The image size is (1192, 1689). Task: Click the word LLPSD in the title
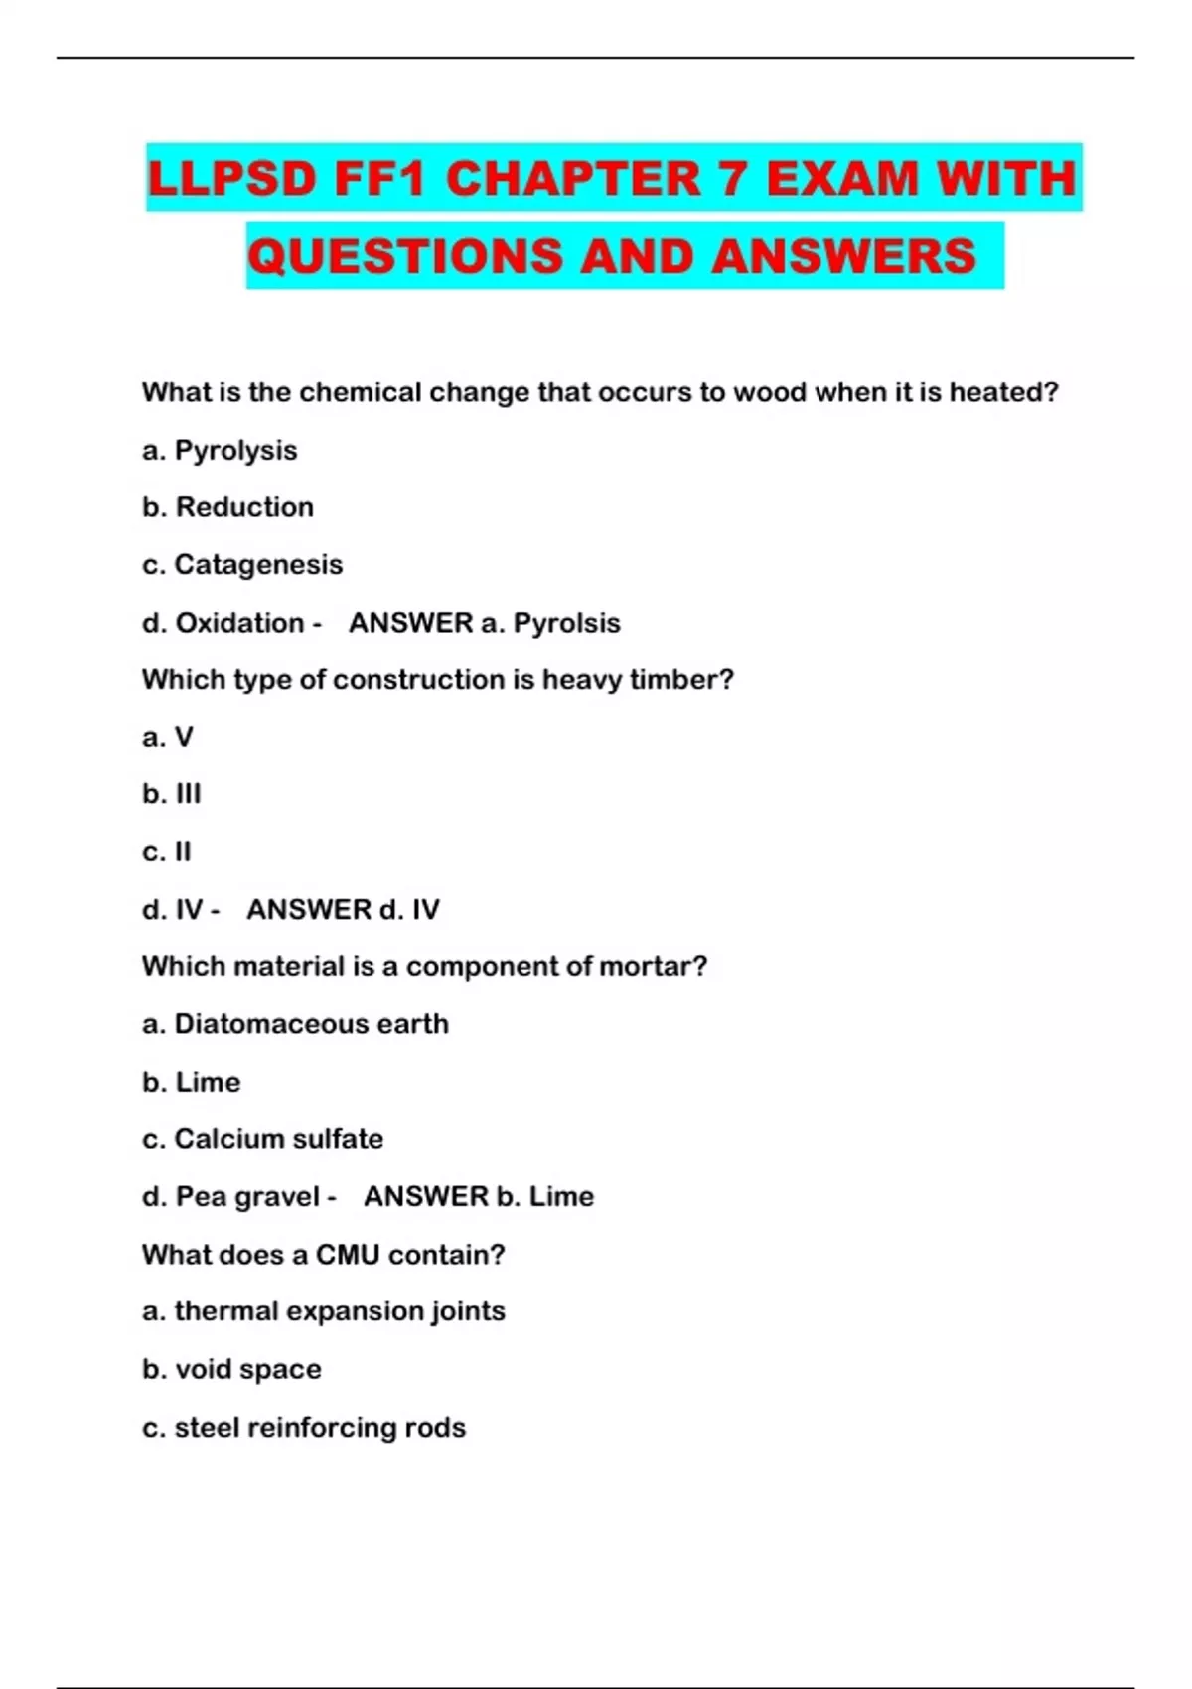(x=231, y=180)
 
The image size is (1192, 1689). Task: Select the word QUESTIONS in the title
(x=405, y=256)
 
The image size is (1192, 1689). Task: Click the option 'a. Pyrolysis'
(x=220, y=451)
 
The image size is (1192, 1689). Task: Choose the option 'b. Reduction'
(x=227, y=507)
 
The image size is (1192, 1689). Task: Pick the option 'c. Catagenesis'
(x=242, y=565)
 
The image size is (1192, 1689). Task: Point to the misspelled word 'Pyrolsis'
(x=566, y=623)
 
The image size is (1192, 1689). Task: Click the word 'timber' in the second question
(x=679, y=680)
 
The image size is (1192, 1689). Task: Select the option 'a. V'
(x=168, y=737)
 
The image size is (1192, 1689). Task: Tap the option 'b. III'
(x=172, y=794)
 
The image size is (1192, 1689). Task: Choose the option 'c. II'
(x=167, y=851)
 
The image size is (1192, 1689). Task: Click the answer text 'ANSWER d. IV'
(x=343, y=909)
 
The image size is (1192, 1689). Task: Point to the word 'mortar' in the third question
(x=656, y=966)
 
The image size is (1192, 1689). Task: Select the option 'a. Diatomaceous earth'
(x=295, y=1024)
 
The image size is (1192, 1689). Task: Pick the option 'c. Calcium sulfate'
(x=262, y=1139)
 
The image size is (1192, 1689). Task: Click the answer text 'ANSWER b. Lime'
(x=479, y=1196)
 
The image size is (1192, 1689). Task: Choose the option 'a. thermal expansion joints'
(x=323, y=1311)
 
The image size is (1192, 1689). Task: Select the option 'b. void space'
(x=231, y=1370)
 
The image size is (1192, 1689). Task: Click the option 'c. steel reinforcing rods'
(x=304, y=1428)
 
